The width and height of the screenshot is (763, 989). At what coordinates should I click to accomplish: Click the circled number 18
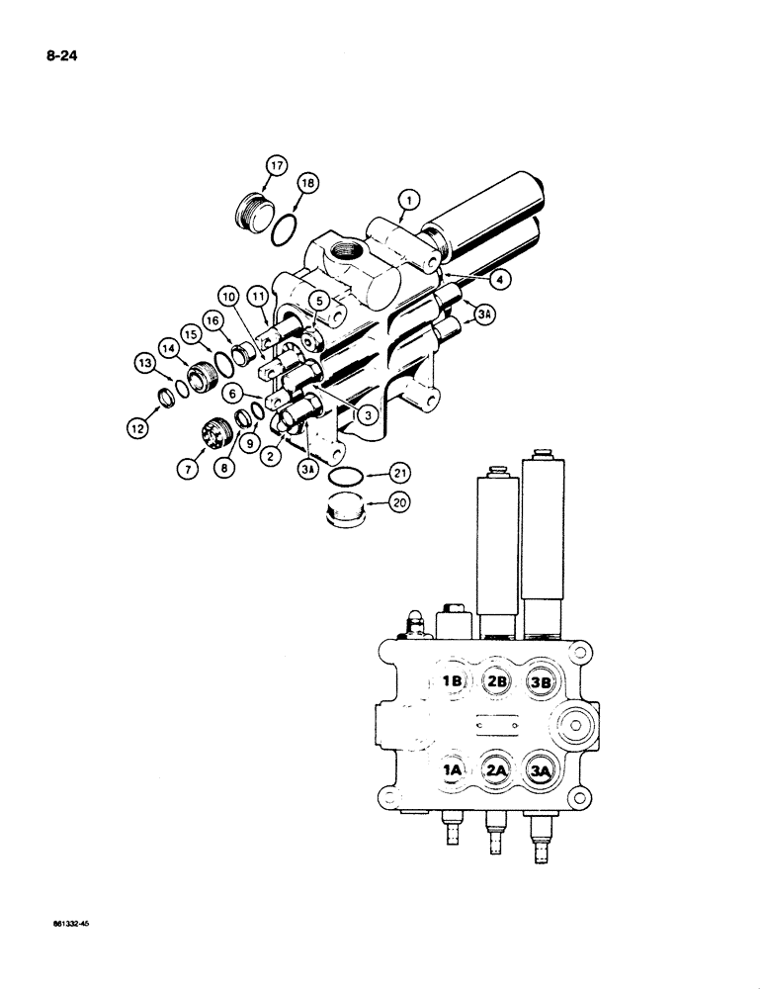pos(307,184)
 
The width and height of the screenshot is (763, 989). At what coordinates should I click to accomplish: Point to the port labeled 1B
pos(453,680)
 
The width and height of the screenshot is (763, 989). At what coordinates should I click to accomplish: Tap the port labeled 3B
pos(542,680)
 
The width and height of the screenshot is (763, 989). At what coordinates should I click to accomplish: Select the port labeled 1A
pos(453,768)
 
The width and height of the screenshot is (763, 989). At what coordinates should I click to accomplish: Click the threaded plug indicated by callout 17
pos(250,211)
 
